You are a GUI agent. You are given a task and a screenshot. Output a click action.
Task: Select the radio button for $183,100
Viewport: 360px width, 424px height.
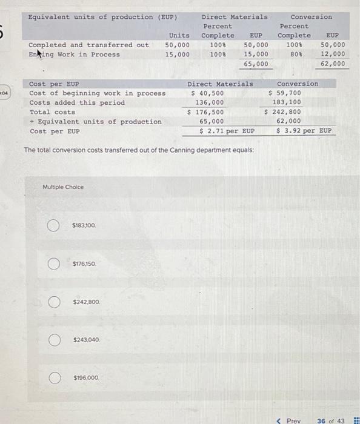click(x=53, y=226)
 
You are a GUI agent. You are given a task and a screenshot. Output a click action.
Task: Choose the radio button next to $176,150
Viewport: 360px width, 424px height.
click(x=53, y=264)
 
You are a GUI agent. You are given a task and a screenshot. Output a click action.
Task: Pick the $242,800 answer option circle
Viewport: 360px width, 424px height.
click(x=53, y=302)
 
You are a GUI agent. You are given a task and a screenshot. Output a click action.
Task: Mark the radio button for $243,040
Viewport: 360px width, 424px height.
click(x=53, y=340)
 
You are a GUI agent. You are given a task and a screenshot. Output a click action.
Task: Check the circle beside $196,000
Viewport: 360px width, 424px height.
click(x=53, y=378)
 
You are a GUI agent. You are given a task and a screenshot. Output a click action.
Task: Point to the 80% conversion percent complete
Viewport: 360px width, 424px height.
click(x=294, y=55)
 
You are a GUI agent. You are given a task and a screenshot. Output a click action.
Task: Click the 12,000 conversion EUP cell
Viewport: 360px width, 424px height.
click(x=333, y=55)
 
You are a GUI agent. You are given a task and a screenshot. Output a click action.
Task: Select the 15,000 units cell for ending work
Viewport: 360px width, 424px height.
click(x=178, y=55)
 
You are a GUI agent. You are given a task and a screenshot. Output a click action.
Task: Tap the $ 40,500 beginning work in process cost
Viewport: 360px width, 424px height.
click(x=207, y=93)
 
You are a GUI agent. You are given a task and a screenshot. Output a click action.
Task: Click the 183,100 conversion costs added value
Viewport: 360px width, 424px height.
click(x=286, y=102)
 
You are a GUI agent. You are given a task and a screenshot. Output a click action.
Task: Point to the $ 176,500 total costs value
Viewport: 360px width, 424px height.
click(x=205, y=112)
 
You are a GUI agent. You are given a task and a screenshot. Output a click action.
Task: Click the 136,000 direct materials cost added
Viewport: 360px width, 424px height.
click(x=209, y=102)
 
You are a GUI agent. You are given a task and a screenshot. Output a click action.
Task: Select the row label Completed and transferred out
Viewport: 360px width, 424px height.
click(x=88, y=45)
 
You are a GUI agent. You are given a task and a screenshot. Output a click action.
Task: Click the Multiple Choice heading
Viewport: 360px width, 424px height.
click(x=63, y=187)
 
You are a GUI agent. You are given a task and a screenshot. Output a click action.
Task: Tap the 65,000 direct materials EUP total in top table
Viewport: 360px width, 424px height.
click(x=256, y=64)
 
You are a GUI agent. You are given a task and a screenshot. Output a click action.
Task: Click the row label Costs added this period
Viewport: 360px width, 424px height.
click(x=77, y=102)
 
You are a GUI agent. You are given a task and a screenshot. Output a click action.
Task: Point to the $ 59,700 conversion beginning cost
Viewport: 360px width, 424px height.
click(x=285, y=93)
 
